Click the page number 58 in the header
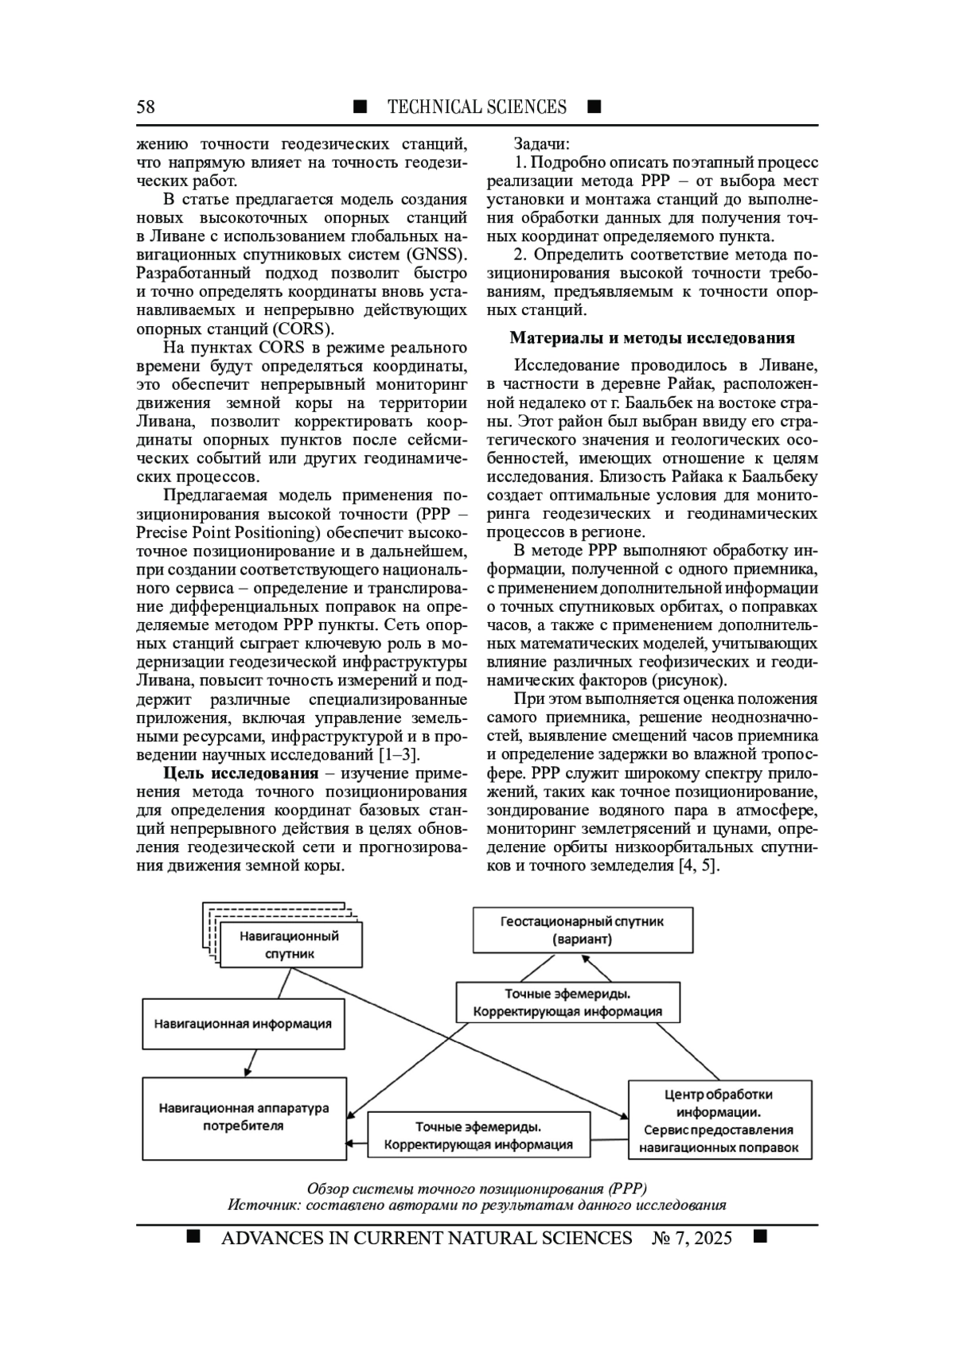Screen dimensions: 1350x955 click(x=146, y=107)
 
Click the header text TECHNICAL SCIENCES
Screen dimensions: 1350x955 click(x=477, y=107)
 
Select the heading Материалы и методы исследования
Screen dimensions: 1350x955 click(x=652, y=338)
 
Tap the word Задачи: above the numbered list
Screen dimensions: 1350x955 click(x=541, y=144)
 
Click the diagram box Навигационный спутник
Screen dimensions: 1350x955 click(x=290, y=944)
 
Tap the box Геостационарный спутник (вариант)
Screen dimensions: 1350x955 click(x=582, y=930)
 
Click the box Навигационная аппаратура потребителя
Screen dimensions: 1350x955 click(x=244, y=1117)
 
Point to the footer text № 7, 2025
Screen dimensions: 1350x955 click(x=691, y=1238)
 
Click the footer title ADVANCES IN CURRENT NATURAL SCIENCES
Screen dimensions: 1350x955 click(x=427, y=1238)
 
